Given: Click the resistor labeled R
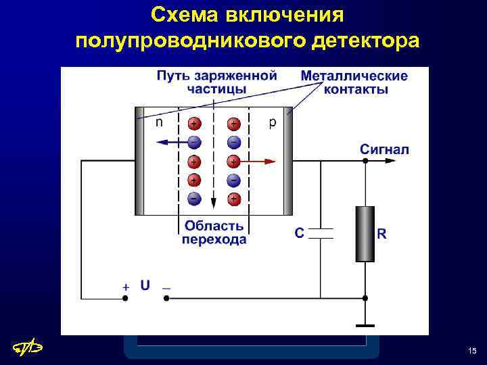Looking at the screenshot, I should point(365,233).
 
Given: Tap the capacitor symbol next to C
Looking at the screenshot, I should point(321,233).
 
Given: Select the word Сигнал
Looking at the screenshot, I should point(384,149).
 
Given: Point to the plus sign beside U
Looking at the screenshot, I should point(126,287).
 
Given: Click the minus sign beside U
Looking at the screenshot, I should point(166,287).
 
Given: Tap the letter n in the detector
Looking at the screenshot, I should point(159,122).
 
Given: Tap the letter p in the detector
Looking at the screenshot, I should point(272,122).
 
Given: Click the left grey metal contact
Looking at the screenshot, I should point(140,160).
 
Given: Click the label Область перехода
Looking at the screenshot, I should point(214,233).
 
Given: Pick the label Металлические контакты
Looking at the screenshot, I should point(354,82).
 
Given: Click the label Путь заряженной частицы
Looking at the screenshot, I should point(216,81).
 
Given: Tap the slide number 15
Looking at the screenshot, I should point(471,350).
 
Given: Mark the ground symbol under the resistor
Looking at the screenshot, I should point(365,324).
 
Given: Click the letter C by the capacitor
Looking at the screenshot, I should point(299,233).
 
